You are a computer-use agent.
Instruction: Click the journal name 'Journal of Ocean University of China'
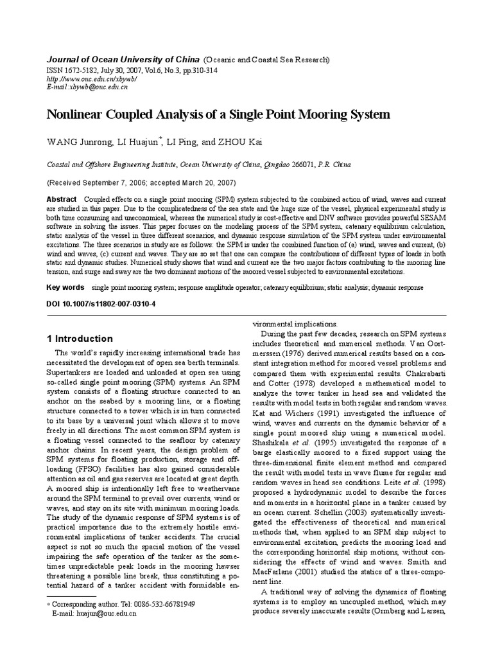coord(119,60)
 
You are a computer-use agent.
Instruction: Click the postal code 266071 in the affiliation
coord(300,164)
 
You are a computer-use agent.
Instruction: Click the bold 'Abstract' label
coord(62,199)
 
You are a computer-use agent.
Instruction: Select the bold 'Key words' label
coord(65,287)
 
